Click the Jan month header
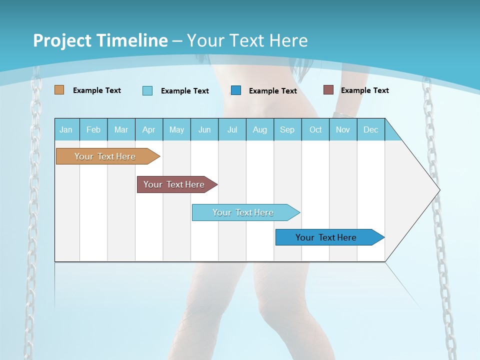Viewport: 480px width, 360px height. [x=66, y=129]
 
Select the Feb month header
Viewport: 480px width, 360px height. [x=93, y=129]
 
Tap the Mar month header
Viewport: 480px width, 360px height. [x=121, y=129]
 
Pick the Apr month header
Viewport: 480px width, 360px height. [x=149, y=129]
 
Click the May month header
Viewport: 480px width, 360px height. [x=176, y=129]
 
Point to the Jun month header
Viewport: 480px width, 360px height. [x=204, y=129]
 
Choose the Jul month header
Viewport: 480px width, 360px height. [x=232, y=129]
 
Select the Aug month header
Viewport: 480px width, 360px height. [x=260, y=129]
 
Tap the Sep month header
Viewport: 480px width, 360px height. [x=287, y=129]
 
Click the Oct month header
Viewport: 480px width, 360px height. [x=315, y=129]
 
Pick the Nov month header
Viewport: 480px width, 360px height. [x=343, y=129]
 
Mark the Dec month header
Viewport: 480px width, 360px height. [x=371, y=129]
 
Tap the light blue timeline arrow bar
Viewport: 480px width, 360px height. [x=243, y=212]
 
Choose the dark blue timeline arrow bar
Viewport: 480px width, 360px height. [x=326, y=237]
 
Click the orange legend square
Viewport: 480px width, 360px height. [x=59, y=90]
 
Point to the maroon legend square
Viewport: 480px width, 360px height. [x=328, y=90]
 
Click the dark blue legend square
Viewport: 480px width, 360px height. [x=236, y=90]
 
